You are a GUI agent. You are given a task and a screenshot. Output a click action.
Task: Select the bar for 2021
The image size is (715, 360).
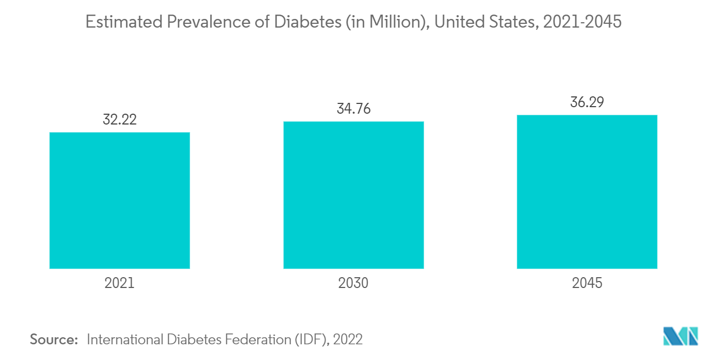point(120,200)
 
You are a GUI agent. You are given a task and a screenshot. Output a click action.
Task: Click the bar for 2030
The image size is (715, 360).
point(353,195)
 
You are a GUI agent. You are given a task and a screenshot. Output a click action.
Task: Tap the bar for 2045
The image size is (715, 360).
point(587,192)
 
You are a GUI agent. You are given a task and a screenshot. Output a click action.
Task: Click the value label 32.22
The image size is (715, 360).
point(120,120)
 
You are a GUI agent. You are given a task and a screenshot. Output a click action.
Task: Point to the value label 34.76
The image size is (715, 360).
point(353,109)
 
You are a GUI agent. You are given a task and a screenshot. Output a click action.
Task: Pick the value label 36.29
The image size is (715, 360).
point(587,102)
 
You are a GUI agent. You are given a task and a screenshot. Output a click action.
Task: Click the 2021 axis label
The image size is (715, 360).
point(120,283)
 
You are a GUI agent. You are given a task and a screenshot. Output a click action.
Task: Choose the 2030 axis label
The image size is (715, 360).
point(353,283)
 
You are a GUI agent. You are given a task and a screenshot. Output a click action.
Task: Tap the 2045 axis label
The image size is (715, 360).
point(587,283)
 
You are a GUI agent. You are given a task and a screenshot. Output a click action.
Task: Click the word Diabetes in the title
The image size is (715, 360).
point(302,22)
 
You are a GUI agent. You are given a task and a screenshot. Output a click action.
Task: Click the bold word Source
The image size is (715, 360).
point(54,339)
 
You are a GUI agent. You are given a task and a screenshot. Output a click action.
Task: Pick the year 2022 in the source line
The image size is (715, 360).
point(348,339)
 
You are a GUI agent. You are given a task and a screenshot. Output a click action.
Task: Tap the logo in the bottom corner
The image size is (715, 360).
point(680,336)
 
